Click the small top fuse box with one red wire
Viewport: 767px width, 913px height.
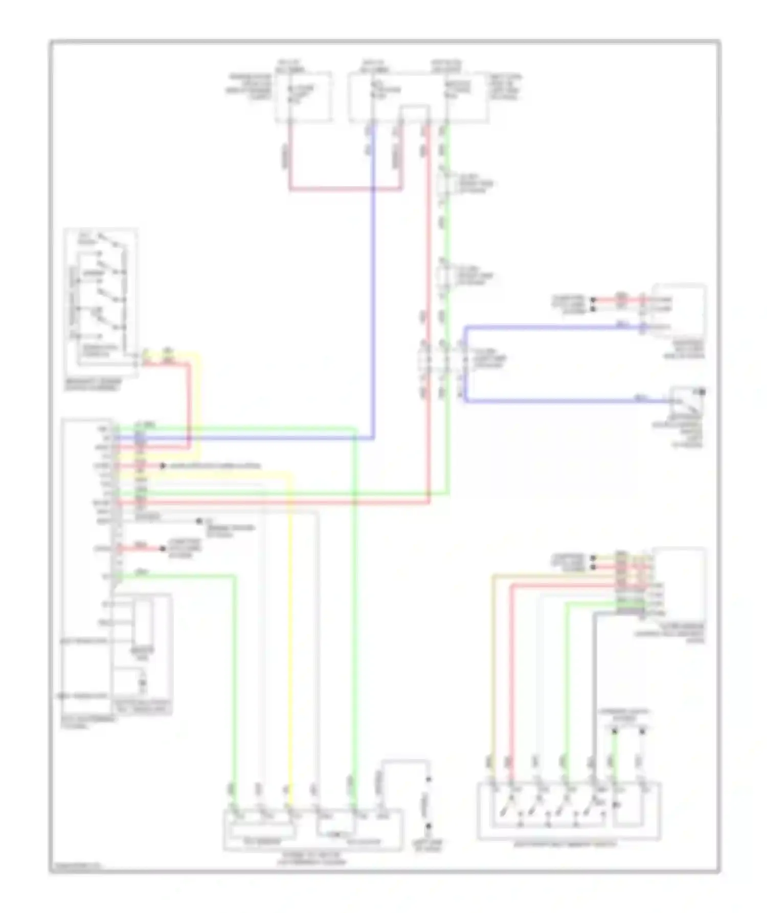click(x=304, y=96)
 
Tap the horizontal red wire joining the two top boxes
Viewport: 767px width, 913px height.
click(x=345, y=189)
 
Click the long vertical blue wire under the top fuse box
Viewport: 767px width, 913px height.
click(x=374, y=281)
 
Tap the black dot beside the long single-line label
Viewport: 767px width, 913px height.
click(x=163, y=466)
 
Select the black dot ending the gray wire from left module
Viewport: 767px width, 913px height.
click(x=199, y=521)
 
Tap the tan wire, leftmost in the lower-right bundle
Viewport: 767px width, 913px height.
click(x=493, y=665)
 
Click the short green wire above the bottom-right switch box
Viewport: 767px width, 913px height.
click(x=615, y=757)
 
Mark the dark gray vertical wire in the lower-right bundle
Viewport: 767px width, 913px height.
click(x=594, y=691)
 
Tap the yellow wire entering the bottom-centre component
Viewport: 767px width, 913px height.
click(x=291, y=639)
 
